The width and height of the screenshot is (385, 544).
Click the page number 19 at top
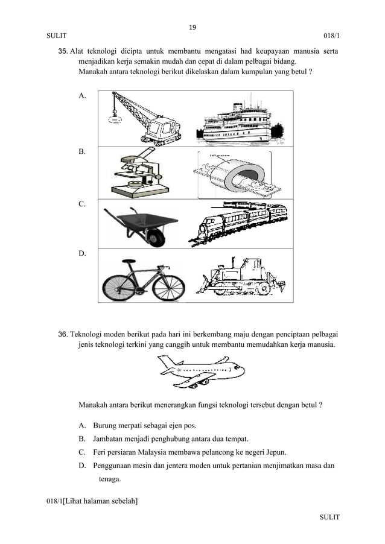192,27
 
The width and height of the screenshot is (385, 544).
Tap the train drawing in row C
238,224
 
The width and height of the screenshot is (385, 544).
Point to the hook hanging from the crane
113,118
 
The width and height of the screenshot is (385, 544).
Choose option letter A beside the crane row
82,95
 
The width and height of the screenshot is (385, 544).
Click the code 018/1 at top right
331,36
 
